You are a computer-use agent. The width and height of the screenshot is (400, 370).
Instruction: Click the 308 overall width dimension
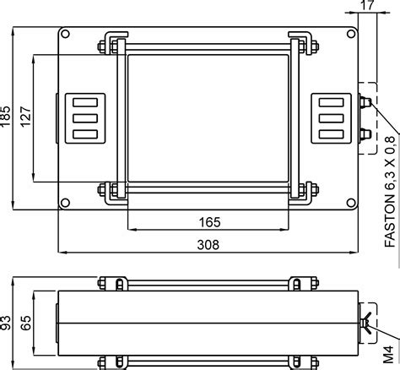[208, 245]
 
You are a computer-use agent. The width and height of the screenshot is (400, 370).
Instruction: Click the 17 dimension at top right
[365, 7]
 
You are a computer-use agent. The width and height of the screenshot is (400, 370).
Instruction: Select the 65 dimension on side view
[26, 324]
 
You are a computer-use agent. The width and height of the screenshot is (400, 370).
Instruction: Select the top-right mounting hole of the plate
[349, 36]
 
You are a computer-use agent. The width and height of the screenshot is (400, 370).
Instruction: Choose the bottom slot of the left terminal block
[83, 133]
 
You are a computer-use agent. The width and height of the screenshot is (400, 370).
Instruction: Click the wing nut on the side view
[369, 324]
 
